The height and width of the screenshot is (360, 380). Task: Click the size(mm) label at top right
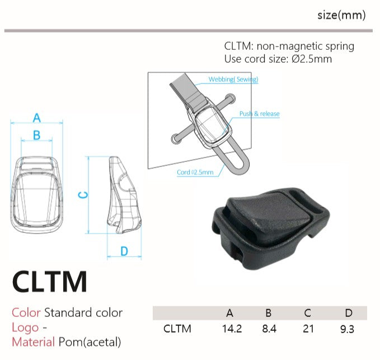(x=341, y=15)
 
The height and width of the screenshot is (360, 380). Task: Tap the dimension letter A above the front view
(x=37, y=118)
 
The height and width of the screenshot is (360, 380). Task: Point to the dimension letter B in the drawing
(x=36, y=135)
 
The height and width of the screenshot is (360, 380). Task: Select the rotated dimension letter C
(x=83, y=195)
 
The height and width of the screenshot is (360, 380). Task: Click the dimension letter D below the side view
(x=124, y=251)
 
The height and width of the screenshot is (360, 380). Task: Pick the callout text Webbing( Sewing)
(x=233, y=80)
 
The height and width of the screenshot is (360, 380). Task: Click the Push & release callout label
(x=259, y=114)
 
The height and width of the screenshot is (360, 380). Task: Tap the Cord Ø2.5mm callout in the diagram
(x=195, y=172)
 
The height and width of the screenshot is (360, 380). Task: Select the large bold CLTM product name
(x=49, y=282)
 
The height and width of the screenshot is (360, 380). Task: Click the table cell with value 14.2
(x=232, y=329)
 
